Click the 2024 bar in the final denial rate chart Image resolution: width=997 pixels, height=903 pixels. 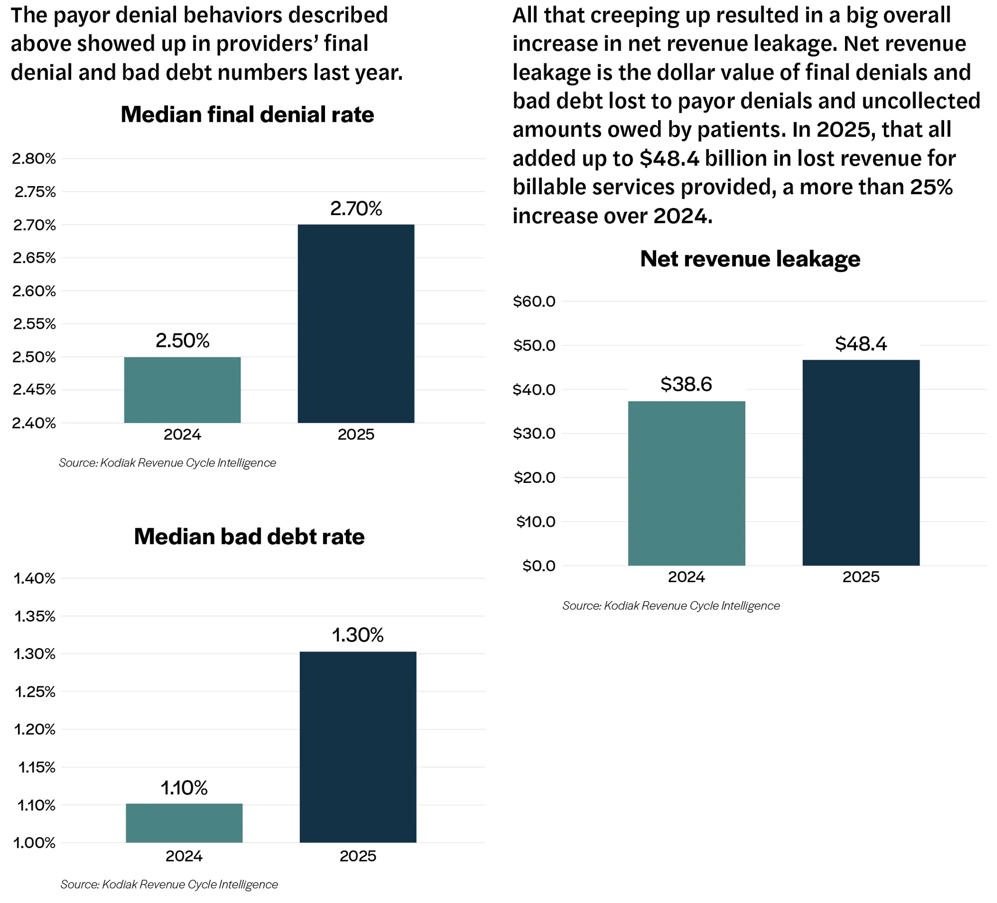(x=182, y=390)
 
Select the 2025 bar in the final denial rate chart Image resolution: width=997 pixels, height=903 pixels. (x=356, y=324)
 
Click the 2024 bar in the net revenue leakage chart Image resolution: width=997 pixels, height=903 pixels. (x=686, y=483)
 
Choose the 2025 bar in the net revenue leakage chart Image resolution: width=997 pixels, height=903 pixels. (x=861, y=462)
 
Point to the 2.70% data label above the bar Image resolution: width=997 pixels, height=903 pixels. (x=356, y=208)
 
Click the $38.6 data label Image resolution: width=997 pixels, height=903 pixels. (x=686, y=384)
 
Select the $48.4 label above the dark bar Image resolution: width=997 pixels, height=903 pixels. (x=861, y=344)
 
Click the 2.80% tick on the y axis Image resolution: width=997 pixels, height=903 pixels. (x=34, y=159)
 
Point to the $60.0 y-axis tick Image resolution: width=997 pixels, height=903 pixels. (x=534, y=301)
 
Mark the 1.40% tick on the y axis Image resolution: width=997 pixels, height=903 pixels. (x=34, y=578)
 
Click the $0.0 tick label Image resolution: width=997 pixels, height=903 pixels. (x=539, y=566)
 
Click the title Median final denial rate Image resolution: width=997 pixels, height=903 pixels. (x=247, y=115)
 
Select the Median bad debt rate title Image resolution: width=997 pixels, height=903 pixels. (x=249, y=537)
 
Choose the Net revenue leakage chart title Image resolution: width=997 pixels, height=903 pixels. (x=750, y=259)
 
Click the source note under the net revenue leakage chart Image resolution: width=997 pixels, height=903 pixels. (x=671, y=606)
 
